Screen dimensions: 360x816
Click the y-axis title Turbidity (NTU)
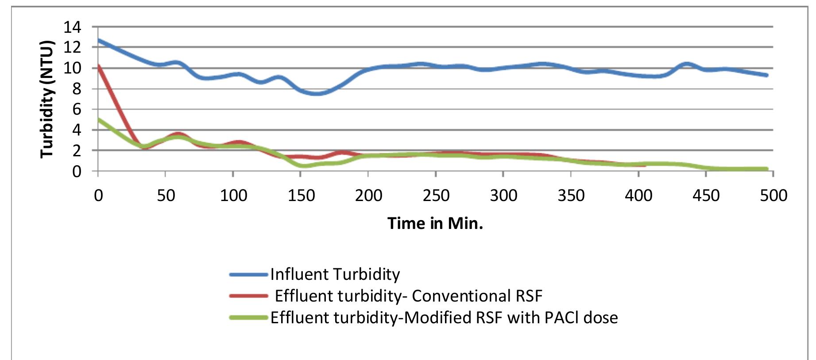(x=47, y=99)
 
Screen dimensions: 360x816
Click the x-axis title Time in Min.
(x=435, y=223)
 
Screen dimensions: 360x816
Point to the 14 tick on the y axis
(x=73, y=27)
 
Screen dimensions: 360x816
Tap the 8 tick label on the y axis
(x=77, y=89)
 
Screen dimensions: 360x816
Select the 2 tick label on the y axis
(x=77, y=151)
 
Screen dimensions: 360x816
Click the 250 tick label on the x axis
(x=436, y=195)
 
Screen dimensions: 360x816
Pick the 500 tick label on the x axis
(x=773, y=195)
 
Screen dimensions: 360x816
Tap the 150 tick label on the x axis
(x=301, y=195)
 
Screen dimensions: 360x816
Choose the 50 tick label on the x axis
(x=166, y=195)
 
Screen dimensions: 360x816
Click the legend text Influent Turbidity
(x=335, y=275)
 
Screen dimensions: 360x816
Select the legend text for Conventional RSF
(x=408, y=296)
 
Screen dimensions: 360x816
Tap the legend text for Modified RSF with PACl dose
(x=444, y=317)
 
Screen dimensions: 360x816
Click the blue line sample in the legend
(x=249, y=275)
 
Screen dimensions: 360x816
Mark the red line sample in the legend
(x=249, y=296)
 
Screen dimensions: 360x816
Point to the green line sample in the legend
(x=249, y=317)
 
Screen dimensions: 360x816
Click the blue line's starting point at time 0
(x=98, y=40)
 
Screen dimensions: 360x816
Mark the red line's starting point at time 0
(x=98, y=66)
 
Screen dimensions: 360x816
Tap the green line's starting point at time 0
(x=98, y=119)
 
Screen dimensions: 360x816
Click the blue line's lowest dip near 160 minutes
(x=317, y=93)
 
